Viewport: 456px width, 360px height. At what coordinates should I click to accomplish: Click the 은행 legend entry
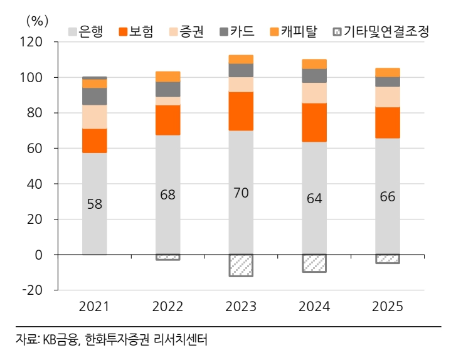[x=85, y=31]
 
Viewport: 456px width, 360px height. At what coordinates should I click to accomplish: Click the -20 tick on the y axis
[x=31, y=290]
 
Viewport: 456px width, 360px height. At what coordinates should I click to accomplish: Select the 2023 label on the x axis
[x=241, y=307]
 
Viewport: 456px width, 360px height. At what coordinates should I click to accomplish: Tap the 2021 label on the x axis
[x=94, y=307]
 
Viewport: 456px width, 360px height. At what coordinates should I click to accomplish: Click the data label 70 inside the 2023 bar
[x=241, y=193]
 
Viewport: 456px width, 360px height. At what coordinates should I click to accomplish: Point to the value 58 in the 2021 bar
[x=94, y=204]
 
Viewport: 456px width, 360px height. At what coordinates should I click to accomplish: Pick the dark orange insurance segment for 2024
[x=314, y=122]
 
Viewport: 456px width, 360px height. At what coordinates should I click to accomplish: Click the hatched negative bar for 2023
[x=241, y=265]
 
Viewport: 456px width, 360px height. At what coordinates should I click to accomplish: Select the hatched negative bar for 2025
[x=388, y=259]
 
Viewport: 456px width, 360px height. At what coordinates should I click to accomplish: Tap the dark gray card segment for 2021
[x=94, y=96]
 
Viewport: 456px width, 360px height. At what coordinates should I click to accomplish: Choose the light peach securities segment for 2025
[x=388, y=97]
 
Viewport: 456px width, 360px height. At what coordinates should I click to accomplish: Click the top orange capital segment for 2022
[x=167, y=77]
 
